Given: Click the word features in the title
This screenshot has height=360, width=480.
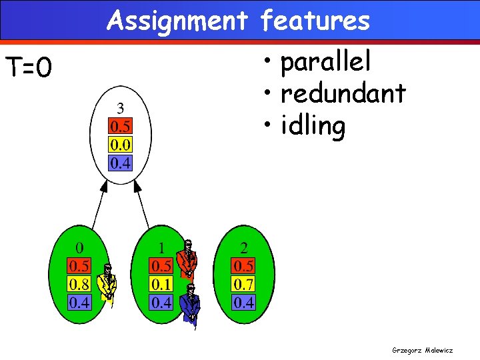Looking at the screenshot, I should pos(315,21).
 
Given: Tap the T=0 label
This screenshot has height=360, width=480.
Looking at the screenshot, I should pos(29,67).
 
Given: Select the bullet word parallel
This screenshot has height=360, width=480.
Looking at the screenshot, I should pos(325,63).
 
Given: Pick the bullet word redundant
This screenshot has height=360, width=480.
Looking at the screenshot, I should pos(343,94).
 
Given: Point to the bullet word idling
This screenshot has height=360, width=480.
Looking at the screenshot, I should pos(313,126).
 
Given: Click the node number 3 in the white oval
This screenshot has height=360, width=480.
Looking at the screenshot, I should pos(120,108).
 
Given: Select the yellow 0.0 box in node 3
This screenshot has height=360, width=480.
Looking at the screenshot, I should pos(120,145).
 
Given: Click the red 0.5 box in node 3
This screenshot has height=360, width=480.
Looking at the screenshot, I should pos(120,127).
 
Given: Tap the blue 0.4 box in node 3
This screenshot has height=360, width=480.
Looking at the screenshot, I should pos(120,163).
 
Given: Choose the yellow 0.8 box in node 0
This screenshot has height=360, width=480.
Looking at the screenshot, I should pos(79,285).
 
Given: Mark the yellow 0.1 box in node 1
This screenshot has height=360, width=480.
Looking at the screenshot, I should pos(162,285).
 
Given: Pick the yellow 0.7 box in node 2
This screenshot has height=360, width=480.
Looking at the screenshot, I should pos(243,285).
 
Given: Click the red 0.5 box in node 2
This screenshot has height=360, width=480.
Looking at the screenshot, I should pos(243,267).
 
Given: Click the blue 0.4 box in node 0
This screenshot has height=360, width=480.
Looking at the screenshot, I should pos(79,303).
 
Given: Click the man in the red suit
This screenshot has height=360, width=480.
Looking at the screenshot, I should pos(187,259).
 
